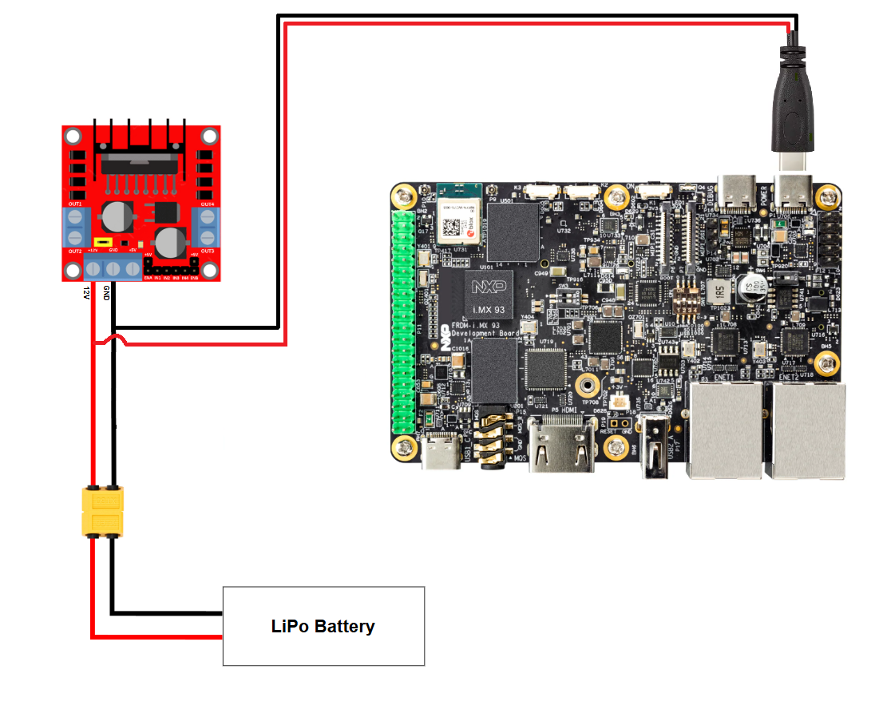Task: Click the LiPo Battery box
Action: click(x=323, y=626)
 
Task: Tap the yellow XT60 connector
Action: click(x=103, y=512)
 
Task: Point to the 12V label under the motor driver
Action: click(x=86, y=294)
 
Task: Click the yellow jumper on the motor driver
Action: click(x=102, y=241)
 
